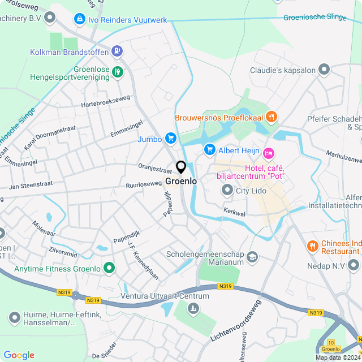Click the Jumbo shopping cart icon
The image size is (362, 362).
tap(170, 139)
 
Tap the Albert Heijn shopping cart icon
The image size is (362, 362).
tap(209, 150)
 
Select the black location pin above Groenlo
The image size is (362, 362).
tap(181, 168)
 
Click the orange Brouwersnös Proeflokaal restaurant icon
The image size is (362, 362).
tap(272, 117)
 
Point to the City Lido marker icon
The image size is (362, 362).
tap(227, 191)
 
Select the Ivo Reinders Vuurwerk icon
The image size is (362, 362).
tap(80, 20)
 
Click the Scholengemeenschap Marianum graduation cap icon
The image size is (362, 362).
tap(252, 257)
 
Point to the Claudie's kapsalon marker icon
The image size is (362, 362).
tap(324, 71)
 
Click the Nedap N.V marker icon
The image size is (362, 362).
tap(354, 265)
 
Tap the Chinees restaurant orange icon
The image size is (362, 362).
tap(312, 246)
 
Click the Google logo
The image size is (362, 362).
tap(19, 355)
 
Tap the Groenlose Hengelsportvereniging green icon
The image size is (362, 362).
tap(117, 71)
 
